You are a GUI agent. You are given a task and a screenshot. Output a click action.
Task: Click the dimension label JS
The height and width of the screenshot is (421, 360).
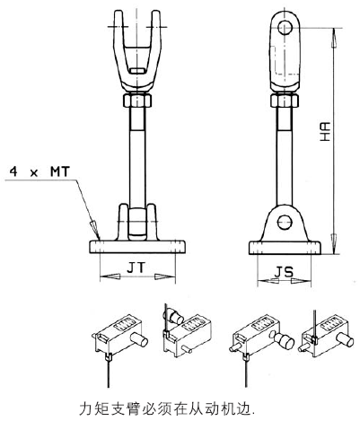click(285, 272)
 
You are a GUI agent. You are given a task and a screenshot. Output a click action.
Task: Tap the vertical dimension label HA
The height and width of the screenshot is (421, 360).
click(324, 132)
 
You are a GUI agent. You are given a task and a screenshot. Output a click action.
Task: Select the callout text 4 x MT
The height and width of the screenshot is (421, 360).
click(40, 171)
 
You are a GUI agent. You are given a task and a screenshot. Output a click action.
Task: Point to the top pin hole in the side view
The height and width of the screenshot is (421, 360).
click(285, 28)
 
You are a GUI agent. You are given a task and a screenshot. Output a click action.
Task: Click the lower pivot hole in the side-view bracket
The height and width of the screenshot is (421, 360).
click(285, 222)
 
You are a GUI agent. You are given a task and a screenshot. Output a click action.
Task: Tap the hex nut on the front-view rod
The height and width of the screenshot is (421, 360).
click(137, 101)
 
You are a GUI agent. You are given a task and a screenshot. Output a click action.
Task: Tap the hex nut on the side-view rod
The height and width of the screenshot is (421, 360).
click(285, 101)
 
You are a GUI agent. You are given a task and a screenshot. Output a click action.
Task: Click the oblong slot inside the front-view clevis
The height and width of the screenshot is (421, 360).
click(138, 71)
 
